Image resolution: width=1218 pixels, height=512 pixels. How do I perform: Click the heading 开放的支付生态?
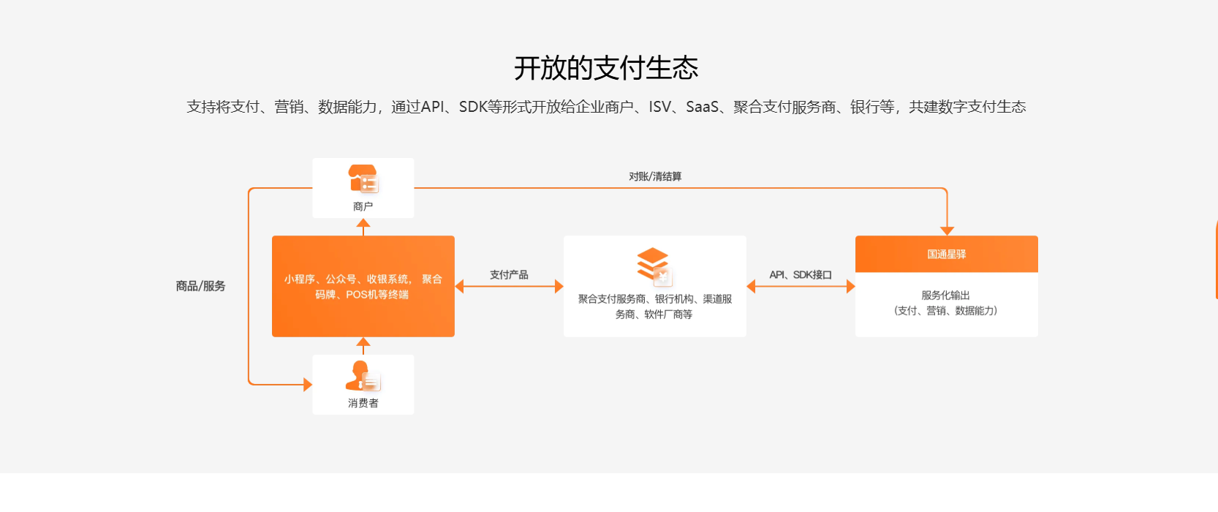coord(606,68)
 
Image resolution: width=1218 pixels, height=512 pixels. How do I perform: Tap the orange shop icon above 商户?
coord(363,178)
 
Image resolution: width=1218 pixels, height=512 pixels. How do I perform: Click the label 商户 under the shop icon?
coord(363,206)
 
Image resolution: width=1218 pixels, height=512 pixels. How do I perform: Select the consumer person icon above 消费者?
coord(363,376)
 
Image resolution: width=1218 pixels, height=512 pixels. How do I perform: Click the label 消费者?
coord(363,403)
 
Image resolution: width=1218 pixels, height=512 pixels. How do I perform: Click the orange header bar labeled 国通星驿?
coord(946,254)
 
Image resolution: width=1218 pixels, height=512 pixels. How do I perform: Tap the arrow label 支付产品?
coord(509,274)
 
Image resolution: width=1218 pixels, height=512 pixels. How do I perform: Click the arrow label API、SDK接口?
coord(801,274)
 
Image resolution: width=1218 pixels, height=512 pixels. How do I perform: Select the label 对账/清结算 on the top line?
coord(655,176)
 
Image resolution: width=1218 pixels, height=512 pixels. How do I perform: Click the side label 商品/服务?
coord(200,286)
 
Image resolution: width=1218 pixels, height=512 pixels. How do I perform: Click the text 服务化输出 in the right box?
coord(945,295)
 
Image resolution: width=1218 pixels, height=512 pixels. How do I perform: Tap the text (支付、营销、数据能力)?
coord(945,311)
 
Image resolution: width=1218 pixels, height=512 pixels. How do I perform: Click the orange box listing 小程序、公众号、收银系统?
coord(363,286)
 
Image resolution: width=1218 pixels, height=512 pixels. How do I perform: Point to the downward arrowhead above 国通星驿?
coord(947,230)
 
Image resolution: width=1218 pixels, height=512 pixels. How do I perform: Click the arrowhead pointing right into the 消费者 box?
coord(308,384)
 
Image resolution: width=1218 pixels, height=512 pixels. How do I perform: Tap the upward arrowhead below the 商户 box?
coord(363,222)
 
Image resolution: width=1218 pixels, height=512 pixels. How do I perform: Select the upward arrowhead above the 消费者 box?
coord(363,342)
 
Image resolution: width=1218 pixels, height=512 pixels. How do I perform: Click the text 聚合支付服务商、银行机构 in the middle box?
coord(655,298)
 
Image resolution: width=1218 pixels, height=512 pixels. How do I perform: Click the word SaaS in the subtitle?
coord(702,107)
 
